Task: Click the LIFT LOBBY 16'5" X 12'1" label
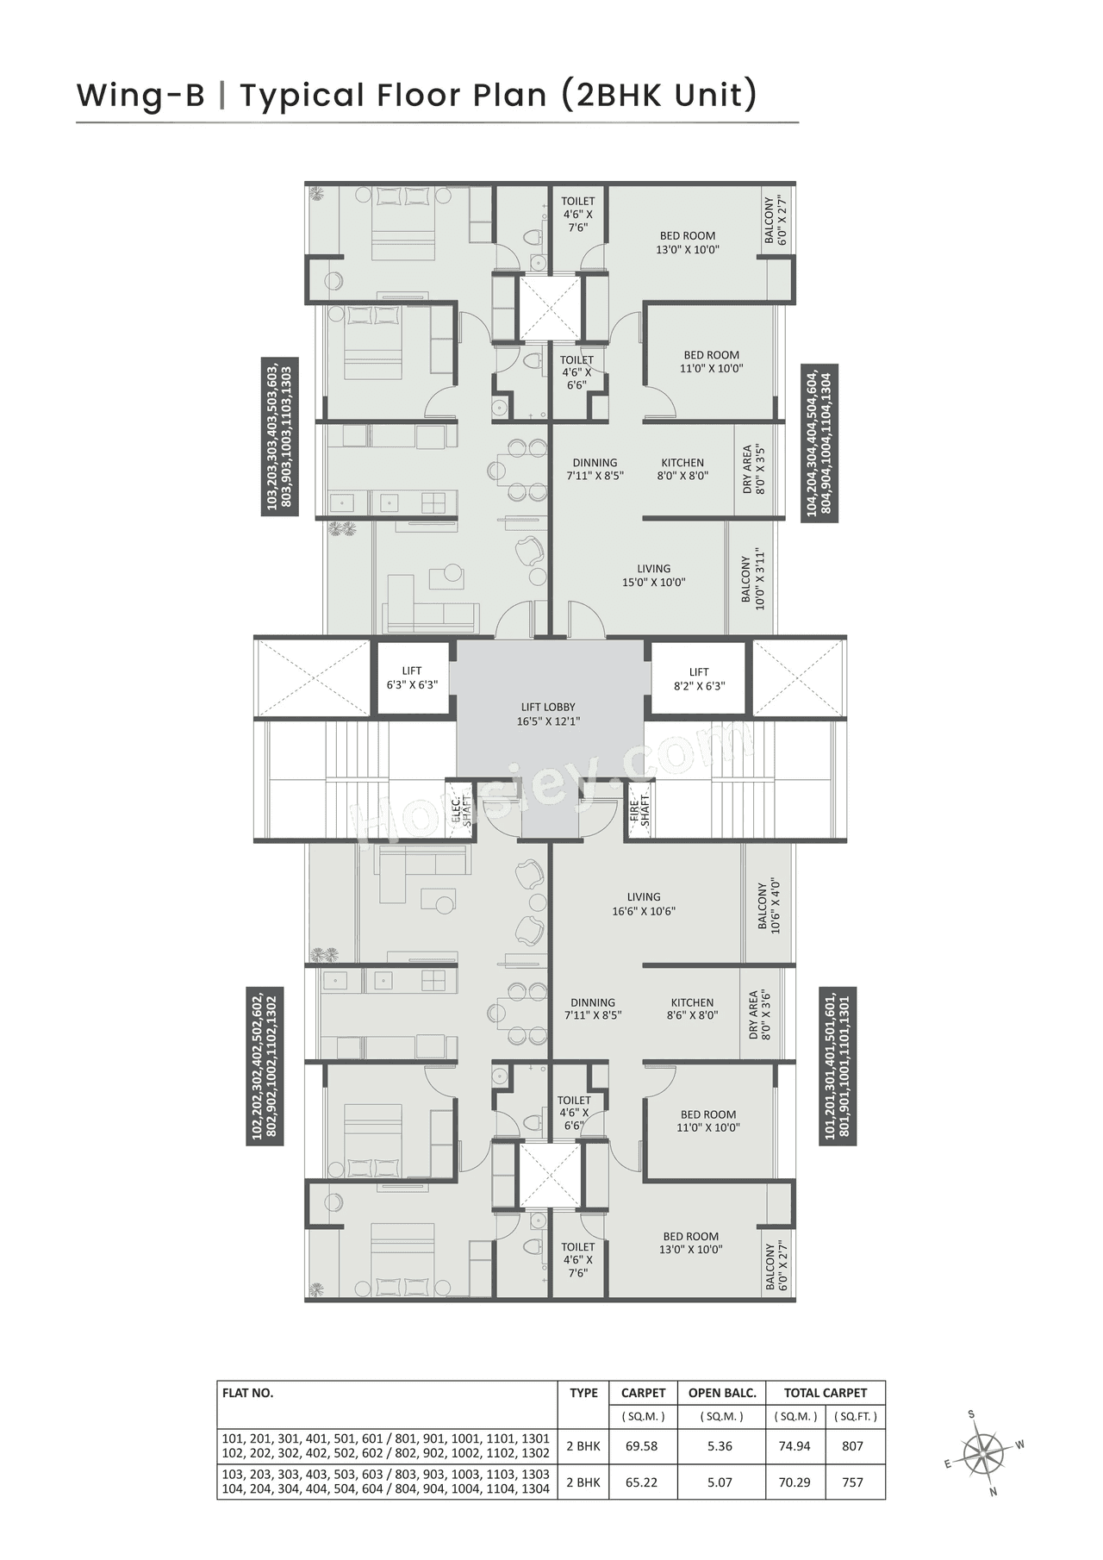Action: (548, 714)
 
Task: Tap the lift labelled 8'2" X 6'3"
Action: (699, 678)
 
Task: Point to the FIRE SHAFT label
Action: (639, 812)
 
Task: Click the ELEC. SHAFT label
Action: (462, 812)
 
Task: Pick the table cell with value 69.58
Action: (642, 1446)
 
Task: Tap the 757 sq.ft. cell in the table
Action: (852, 1482)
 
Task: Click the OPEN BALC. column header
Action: (721, 1393)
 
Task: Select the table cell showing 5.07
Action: (720, 1482)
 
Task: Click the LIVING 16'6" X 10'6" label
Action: (644, 903)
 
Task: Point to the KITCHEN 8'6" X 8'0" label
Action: (692, 1008)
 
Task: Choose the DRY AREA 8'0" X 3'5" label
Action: (753, 470)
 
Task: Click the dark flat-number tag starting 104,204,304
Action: (819, 443)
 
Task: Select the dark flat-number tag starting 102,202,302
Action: (265, 1066)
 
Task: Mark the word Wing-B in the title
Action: (140, 95)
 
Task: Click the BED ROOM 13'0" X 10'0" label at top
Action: (688, 242)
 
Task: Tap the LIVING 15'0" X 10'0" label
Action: (653, 575)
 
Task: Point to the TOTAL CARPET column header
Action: (825, 1393)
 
